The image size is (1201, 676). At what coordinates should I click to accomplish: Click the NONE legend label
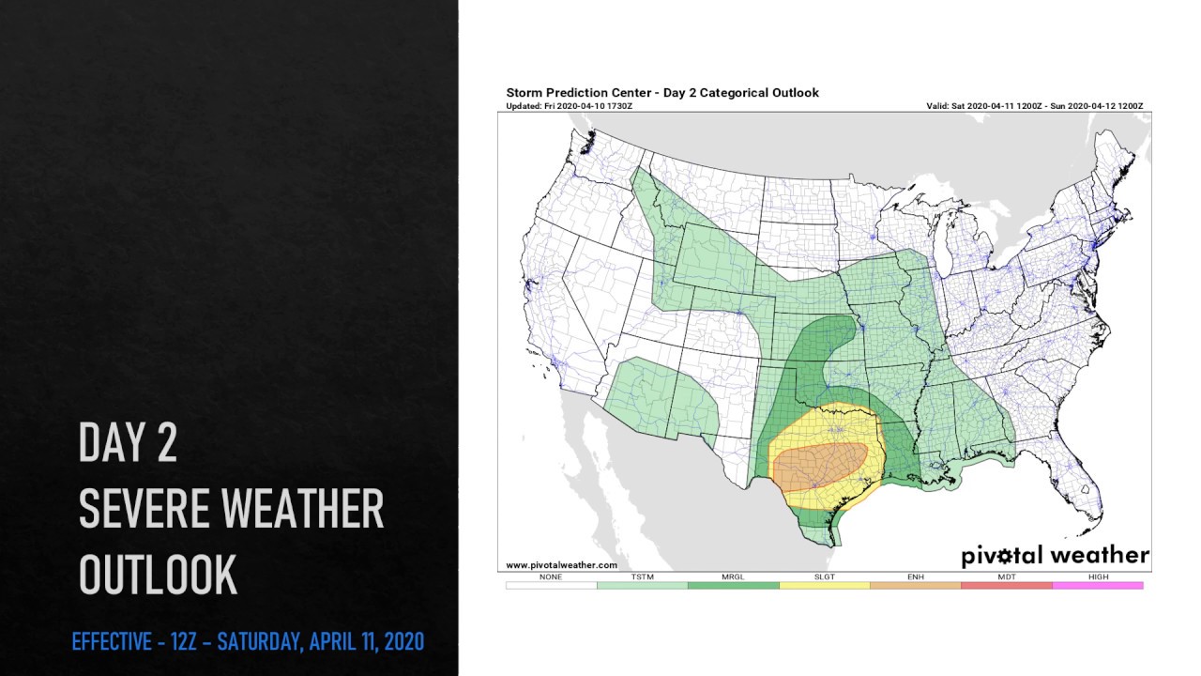[551, 576]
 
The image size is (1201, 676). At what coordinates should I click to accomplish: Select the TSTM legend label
[642, 576]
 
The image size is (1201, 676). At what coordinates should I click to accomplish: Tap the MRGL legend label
[733, 576]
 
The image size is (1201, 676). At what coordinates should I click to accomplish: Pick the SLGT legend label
[824, 576]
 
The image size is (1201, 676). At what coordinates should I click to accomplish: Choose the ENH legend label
[915, 576]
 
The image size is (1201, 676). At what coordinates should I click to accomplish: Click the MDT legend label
[1006, 576]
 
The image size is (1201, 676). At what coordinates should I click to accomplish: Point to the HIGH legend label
[1098, 576]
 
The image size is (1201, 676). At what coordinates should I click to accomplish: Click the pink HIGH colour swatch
[1098, 586]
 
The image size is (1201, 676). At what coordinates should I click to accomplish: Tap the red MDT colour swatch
[1006, 586]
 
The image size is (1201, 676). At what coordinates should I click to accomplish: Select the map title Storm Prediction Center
[661, 93]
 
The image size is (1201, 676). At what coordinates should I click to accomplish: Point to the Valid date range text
[1034, 106]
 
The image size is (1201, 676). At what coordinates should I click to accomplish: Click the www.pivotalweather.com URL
[561, 565]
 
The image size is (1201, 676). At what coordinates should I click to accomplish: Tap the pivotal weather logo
[1055, 556]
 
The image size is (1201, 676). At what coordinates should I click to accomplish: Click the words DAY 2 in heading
[128, 442]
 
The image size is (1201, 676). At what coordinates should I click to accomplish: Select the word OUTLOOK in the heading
[158, 575]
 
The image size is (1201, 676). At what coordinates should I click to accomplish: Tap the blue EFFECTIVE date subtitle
[248, 642]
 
